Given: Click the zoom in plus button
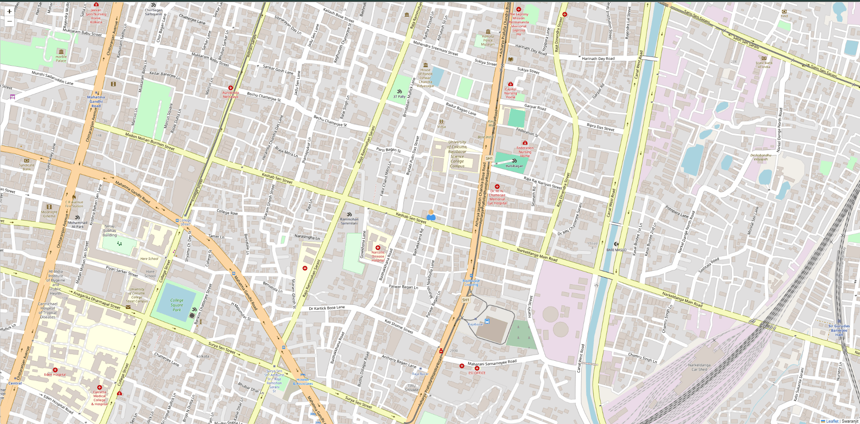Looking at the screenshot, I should (x=9, y=12).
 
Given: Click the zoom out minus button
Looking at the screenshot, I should (x=9, y=21).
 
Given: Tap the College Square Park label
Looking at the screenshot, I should (x=177, y=305).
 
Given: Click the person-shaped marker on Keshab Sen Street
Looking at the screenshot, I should (x=431, y=215).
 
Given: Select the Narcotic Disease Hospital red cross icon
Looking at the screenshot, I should (x=378, y=248).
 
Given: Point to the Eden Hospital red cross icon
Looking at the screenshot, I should (x=55, y=370).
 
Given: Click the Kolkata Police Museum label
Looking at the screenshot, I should (x=488, y=40).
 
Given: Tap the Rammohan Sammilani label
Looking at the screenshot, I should (x=349, y=221).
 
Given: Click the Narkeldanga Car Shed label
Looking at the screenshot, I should (x=699, y=367).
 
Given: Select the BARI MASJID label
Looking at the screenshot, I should (x=616, y=250).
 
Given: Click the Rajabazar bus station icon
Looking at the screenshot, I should (x=487, y=321).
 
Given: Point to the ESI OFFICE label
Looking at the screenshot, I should (x=477, y=373).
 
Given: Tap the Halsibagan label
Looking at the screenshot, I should (x=514, y=166).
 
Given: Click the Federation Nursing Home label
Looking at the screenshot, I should (x=525, y=151).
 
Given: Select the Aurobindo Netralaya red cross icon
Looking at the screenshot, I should (x=231, y=88).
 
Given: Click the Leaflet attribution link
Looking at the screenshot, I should (x=832, y=421).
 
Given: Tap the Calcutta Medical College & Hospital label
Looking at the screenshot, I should (x=99, y=398).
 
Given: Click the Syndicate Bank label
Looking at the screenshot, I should (x=27, y=167).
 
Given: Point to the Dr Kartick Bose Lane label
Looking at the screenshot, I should (x=327, y=308).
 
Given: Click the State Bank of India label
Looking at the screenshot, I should (x=764, y=64).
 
